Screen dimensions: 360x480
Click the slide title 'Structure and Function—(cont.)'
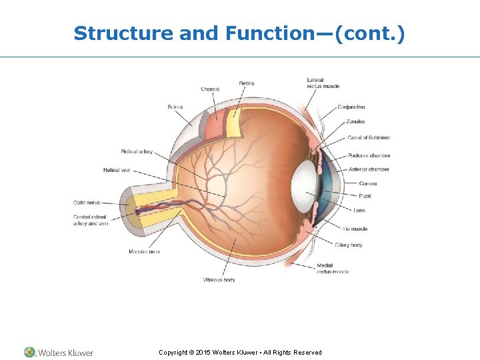tap(239, 33)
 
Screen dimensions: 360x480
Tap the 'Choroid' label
tap(210, 89)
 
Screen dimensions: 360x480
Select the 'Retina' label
tap(247, 83)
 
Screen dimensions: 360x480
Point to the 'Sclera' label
tap(175, 107)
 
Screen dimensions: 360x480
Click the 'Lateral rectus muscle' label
tap(323, 83)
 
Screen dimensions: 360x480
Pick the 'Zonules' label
tap(355, 122)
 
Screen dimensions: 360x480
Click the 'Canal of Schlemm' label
tap(369, 138)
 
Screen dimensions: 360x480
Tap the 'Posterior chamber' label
tap(369, 155)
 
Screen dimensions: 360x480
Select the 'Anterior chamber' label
tap(368, 169)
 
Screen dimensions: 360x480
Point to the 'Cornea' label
tap(368, 183)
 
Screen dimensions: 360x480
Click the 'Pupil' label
tap(365, 196)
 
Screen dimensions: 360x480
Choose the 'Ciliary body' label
tap(349, 245)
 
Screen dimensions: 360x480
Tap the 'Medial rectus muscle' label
tap(333, 269)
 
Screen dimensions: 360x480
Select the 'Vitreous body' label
tap(219, 280)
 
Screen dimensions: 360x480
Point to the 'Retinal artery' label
tap(137, 151)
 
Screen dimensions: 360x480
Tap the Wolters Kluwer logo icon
tap(29, 352)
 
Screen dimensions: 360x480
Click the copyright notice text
tap(240, 352)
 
